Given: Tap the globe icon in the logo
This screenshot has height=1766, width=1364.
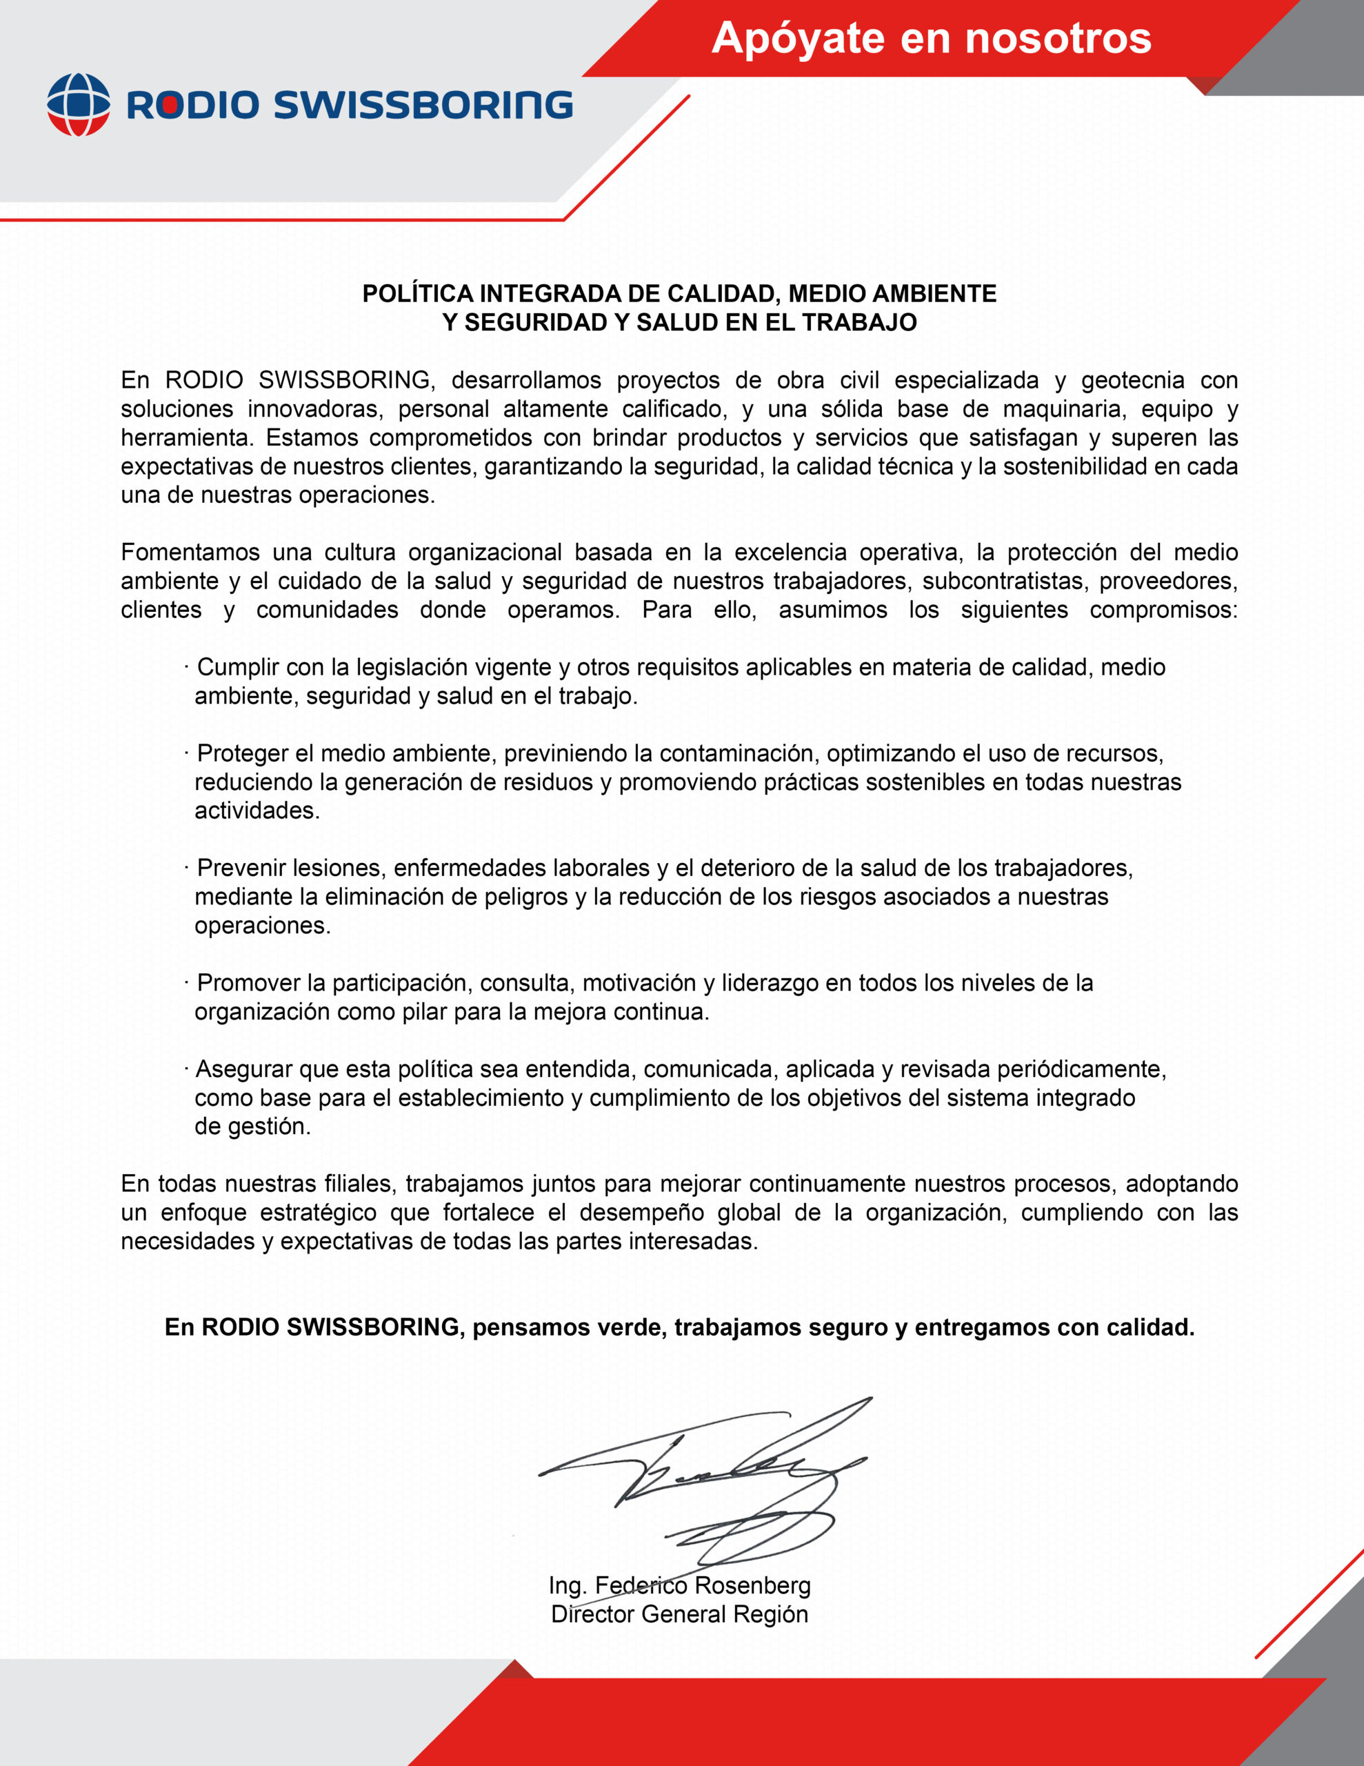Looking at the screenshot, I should click(79, 104).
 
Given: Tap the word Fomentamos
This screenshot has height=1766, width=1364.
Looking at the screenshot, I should click(190, 553).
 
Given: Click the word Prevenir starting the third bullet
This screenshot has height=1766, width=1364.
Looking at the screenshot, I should click(241, 868).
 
